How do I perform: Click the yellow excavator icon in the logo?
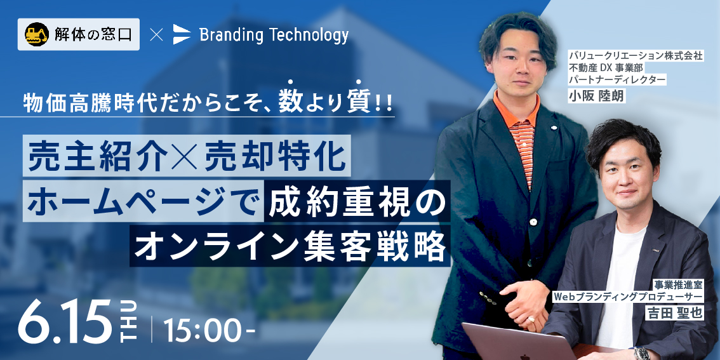37,34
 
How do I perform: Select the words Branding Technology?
274,35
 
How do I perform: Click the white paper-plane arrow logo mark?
182,34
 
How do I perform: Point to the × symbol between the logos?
156,35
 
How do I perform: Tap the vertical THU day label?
130,321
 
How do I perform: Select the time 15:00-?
208,330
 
